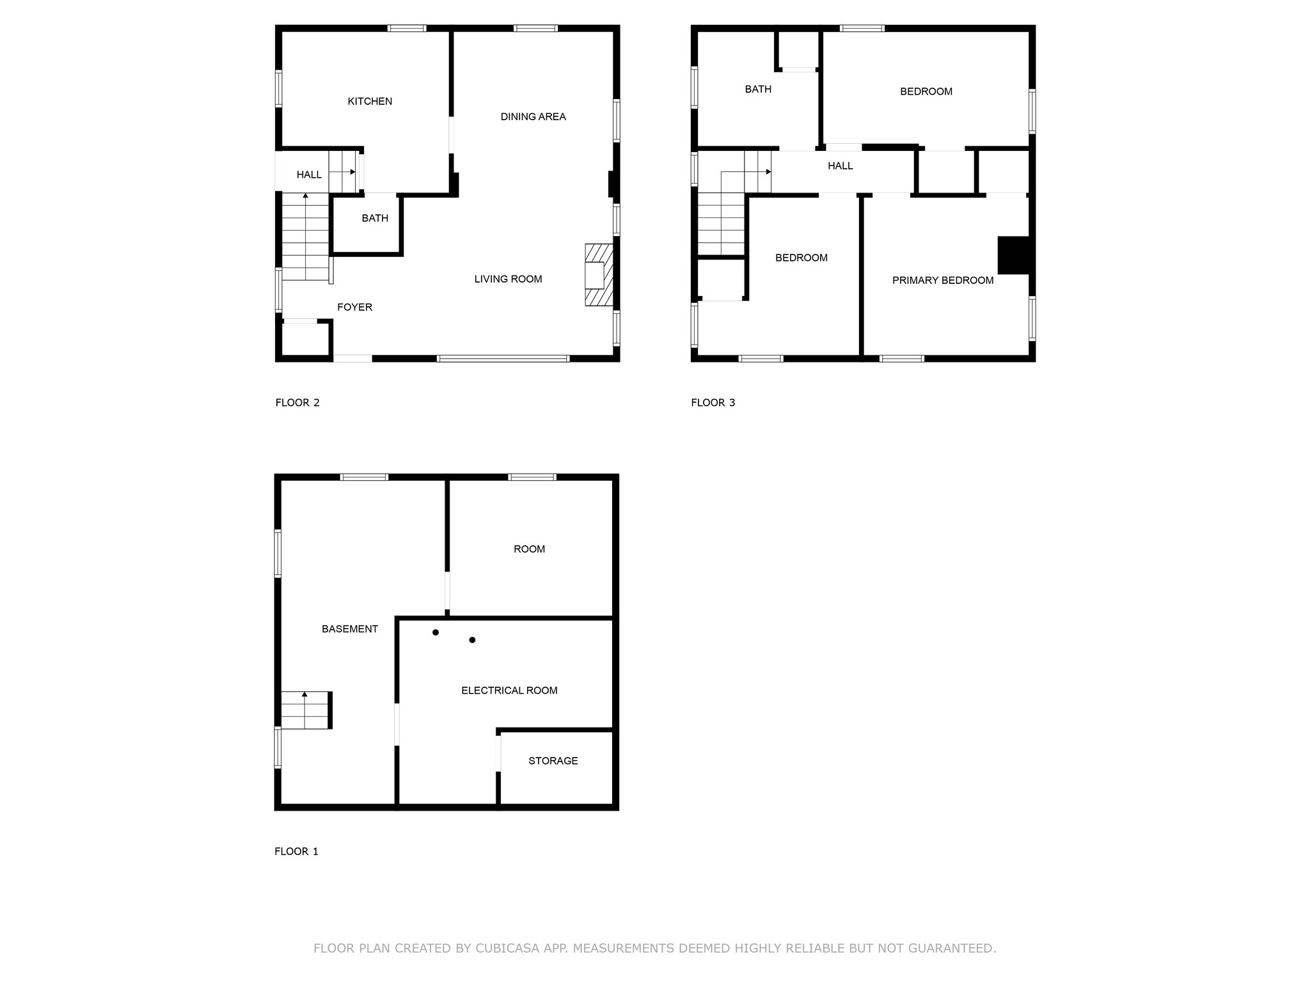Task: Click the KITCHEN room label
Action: click(370, 101)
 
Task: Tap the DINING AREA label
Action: click(533, 116)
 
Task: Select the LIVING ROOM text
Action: click(508, 279)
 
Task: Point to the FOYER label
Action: click(354, 307)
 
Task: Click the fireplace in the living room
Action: click(599, 275)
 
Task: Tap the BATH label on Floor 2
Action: click(375, 218)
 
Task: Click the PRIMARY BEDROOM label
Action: click(943, 280)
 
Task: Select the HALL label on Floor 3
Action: click(840, 166)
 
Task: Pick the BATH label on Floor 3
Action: click(758, 89)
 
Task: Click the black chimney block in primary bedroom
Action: click(1014, 255)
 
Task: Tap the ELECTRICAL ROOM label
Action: click(509, 690)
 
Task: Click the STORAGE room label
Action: click(553, 761)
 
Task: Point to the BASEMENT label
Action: click(349, 629)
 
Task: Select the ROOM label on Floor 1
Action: click(529, 549)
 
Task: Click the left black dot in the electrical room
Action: click(436, 632)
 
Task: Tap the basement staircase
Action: click(306, 710)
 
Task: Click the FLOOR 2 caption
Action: click(297, 403)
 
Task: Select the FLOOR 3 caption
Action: click(713, 403)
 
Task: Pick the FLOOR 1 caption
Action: click(296, 852)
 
